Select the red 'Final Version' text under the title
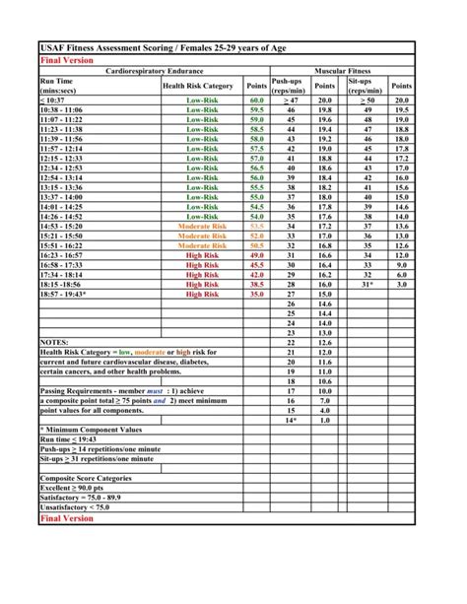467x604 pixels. [65, 60]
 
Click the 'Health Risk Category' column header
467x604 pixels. [197, 86]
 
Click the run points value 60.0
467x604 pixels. [257, 101]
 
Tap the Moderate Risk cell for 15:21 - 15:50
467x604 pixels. [202, 236]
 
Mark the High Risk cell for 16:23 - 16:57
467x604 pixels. [202, 255]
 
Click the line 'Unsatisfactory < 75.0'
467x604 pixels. [75, 506]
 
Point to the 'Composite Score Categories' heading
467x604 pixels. [85, 477]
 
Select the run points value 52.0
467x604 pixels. [257, 236]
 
